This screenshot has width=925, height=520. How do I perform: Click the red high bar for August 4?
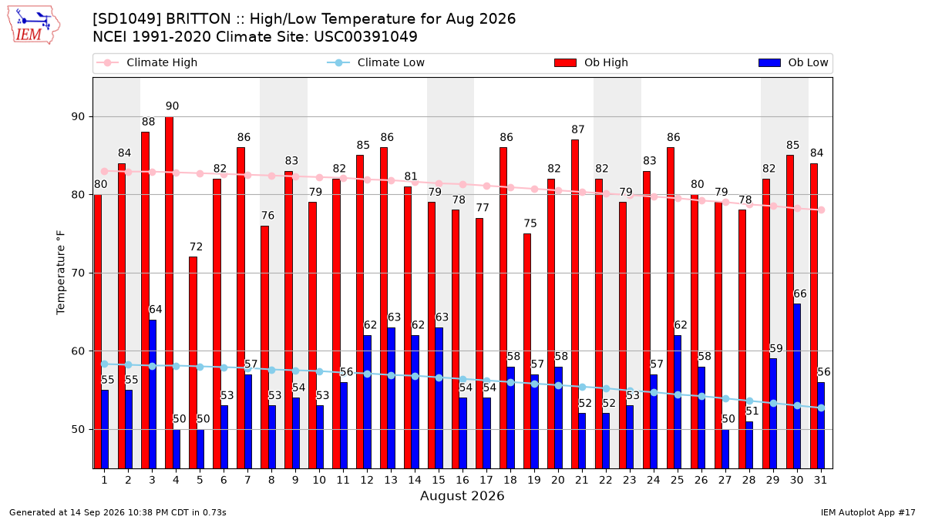(169, 293)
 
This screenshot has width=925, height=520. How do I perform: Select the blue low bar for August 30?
(797, 386)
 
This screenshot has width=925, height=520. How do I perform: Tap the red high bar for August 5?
(193, 363)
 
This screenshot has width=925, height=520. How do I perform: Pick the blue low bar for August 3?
(153, 394)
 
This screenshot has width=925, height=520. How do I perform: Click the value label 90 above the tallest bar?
(172, 106)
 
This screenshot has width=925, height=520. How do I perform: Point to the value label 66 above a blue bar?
(800, 294)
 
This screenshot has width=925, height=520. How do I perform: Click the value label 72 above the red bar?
(196, 247)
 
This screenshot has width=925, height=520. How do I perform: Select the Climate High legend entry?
(147, 62)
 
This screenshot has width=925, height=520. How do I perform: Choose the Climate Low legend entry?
(376, 62)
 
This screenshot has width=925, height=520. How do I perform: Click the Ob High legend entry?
(591, 62)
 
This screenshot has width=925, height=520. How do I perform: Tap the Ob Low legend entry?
(793, 62)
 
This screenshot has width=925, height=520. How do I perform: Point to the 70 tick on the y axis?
(78, 273)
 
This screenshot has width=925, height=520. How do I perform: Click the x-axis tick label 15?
(439, 480)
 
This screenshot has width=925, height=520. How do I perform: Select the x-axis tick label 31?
(820, 480)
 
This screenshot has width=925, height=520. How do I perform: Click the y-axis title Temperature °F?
(61, 273)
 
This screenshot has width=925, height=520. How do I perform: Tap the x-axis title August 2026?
(462, 495)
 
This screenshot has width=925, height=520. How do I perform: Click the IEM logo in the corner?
(33, 25)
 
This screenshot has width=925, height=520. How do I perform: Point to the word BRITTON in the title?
(198, 19)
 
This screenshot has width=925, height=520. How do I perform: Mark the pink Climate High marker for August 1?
(105, 171)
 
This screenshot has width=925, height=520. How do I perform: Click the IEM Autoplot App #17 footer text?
(868, 512)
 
